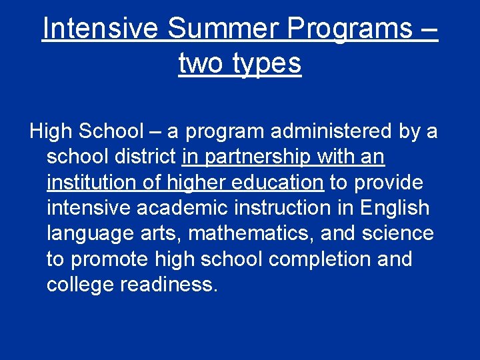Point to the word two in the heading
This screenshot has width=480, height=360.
pos(201,63)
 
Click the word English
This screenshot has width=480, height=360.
pos(395,208)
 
